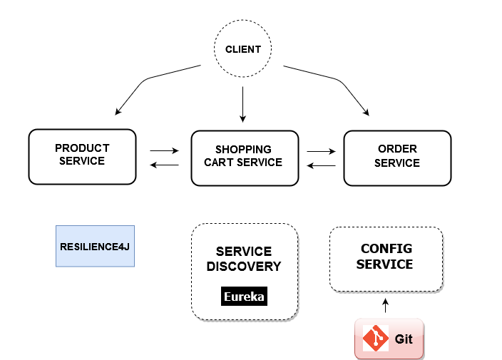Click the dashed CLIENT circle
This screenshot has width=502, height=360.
(x=243, y=50)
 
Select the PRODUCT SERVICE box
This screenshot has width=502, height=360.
(x=82, y=156)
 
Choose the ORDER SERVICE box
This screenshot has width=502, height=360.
(x=397, y=157)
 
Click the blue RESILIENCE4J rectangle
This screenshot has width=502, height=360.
(x=95, y=245)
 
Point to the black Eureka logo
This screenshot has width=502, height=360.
(x=245, y=297)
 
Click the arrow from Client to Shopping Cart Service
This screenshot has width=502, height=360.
(x=243, y=103)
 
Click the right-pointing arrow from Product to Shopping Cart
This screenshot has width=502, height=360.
(x=164, y=151)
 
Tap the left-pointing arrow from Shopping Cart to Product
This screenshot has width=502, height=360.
(x=164, y=165)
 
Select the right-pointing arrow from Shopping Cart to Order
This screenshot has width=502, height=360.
(x=321, y=151)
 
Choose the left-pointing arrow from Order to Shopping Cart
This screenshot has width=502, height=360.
(x=321, y=165)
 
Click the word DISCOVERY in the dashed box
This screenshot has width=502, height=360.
(x=244, y=267)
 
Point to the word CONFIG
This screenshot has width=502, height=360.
(x=386, y=249)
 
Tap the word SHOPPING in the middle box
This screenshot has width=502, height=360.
(x=243, y=150)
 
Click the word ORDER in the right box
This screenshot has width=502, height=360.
(x=397, y=149)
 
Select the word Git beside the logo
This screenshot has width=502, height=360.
(x=404, y=339)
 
